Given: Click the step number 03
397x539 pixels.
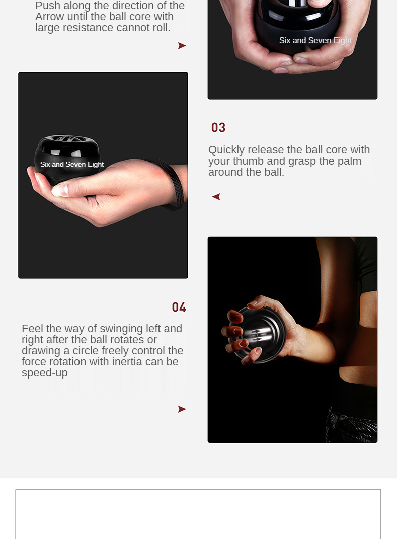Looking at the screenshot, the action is [218, 127].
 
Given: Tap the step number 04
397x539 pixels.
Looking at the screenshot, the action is [179, 307].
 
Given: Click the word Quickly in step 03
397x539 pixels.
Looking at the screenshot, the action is [226, 150].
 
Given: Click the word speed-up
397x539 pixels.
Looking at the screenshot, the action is [45, 373].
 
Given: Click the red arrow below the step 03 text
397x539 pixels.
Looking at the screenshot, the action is [216, 197].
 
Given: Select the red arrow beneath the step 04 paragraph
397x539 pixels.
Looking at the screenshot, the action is [182, 409].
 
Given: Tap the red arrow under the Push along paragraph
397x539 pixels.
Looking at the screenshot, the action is [182, 46].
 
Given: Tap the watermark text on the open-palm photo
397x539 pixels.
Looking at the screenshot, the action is [72, 164].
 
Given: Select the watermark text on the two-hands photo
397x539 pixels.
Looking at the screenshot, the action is [315, 41].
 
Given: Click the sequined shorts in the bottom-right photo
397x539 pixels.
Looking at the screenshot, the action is [351, 425].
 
